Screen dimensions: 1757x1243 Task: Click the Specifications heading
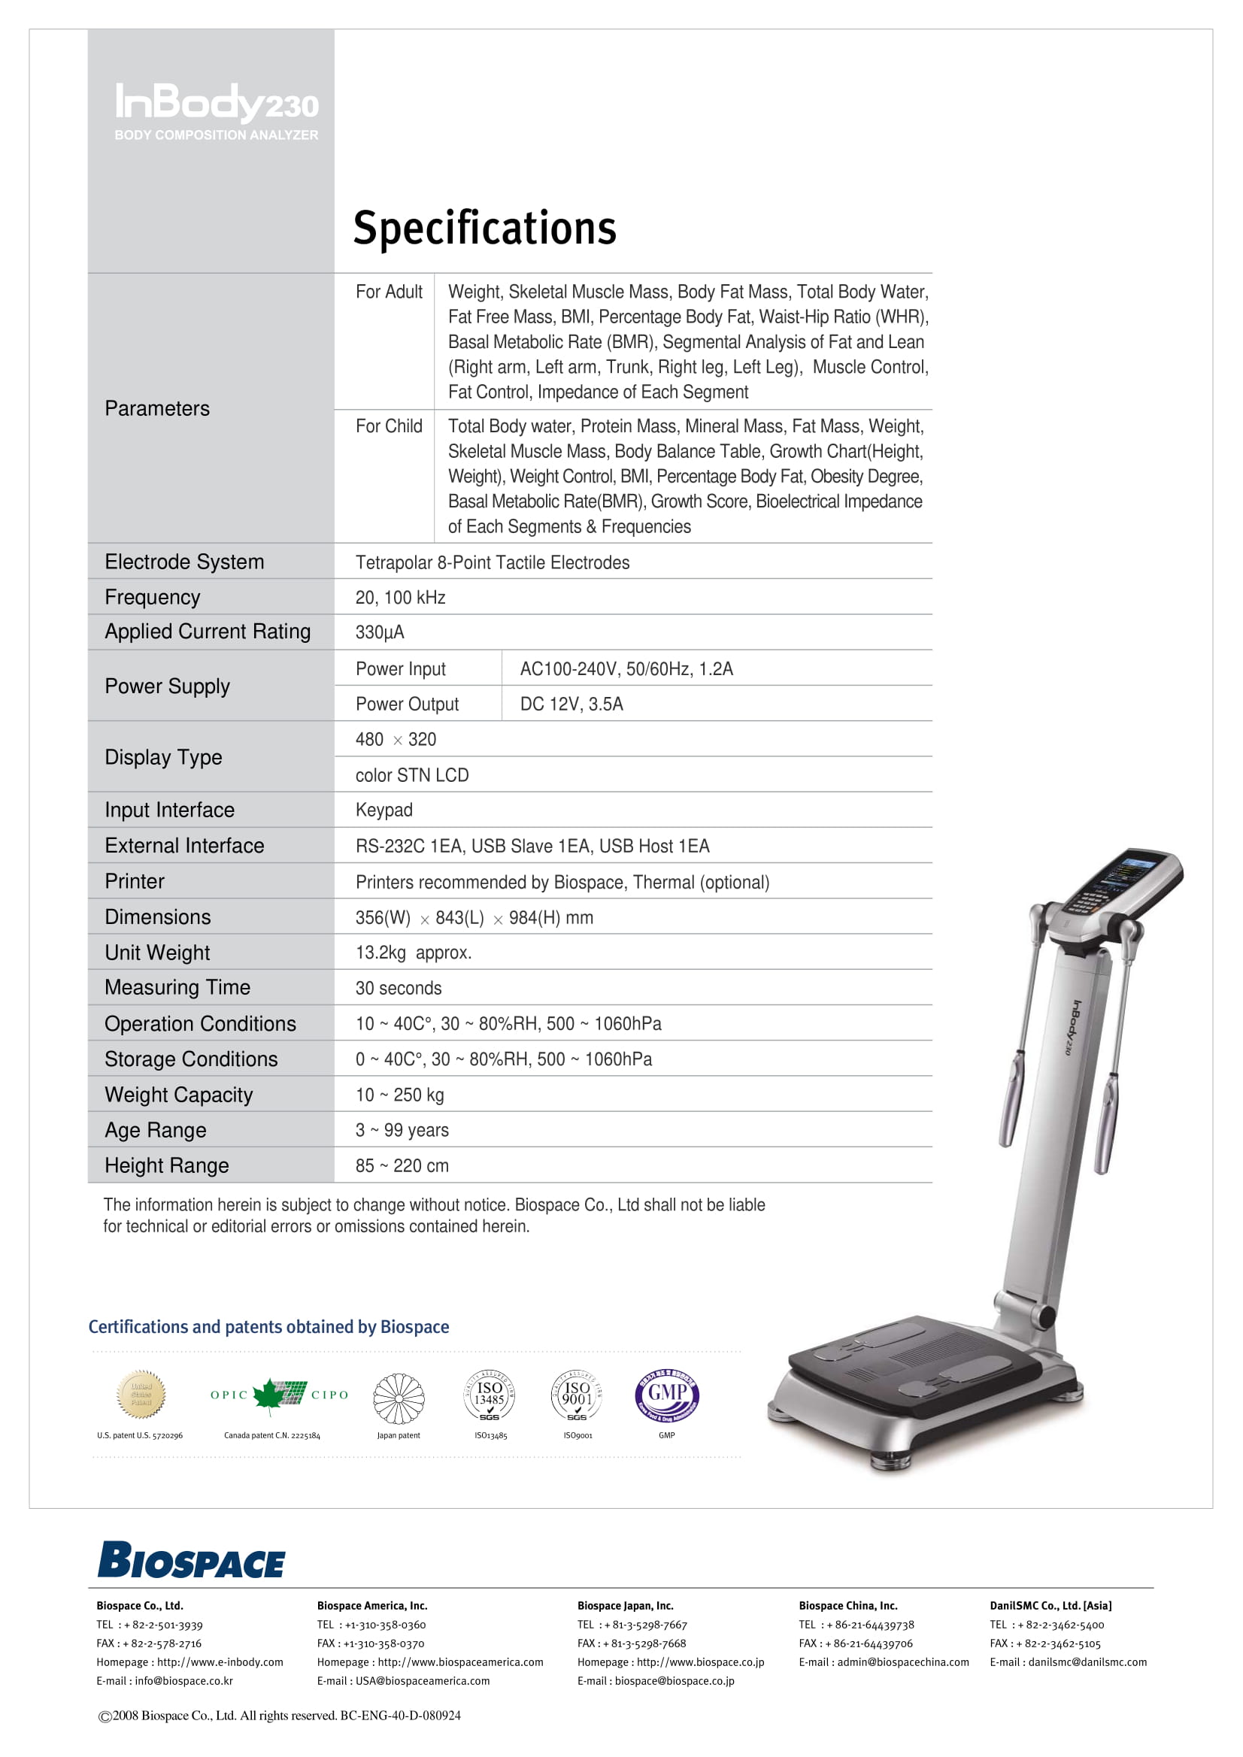coord(484,228)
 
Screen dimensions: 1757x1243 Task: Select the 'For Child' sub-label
coord(389,426)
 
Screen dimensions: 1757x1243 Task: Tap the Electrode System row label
coord(184,562)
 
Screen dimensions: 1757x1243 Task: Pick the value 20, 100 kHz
coord(400,598)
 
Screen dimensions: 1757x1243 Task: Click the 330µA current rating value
coord(380,633)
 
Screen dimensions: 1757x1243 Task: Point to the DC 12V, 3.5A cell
coord(571,704)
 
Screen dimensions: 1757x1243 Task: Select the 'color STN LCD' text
coord(412,775)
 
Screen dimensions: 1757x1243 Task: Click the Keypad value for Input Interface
coord(384,810)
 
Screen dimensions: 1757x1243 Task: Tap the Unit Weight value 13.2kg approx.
coord(414,953)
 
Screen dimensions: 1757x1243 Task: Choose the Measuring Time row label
coord(177,988)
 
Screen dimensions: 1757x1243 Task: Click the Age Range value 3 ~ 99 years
coord(402,1130)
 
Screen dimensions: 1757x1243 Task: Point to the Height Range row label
coord(167,1165)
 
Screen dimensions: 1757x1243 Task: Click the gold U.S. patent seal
coord(141,1395)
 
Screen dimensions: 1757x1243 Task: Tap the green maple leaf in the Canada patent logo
coord(268,1395)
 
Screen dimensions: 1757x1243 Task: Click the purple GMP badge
coord(667,1395)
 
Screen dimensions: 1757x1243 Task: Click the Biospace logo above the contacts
coord(191,1561)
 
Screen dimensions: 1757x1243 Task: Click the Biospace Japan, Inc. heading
coord(626,1605)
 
